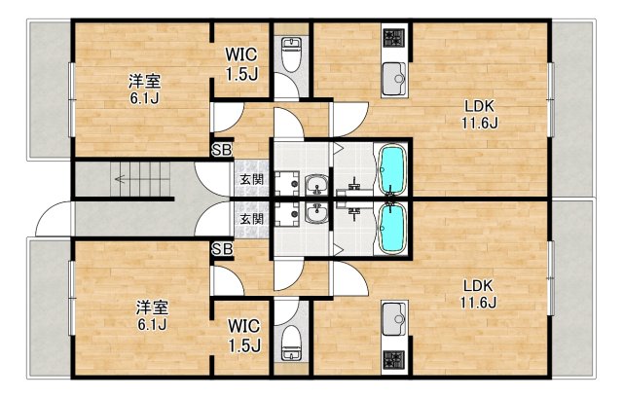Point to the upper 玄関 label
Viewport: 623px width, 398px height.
tap(251, 180)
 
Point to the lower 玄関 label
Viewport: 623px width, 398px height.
tap(251, 219)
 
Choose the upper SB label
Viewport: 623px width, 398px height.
tap(222, 150)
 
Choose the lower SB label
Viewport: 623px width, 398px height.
tap(222, 249)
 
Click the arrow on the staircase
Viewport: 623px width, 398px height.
tap(121, 179)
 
